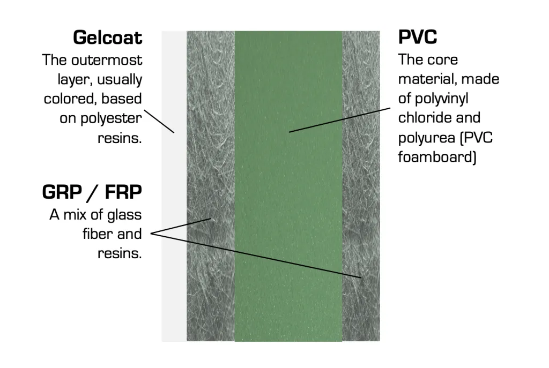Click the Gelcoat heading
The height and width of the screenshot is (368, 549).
(x=107, y=37)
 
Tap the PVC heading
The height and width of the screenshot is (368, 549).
(x=418, y=37)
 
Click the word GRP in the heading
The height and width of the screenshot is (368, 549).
(x=62, y=192)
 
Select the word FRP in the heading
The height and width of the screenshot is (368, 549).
(x=123, y=192)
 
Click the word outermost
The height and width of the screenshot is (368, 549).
(x=107, y=60)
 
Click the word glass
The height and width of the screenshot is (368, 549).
(x=124, y=215)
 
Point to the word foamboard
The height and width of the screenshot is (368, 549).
(x=435, y=157)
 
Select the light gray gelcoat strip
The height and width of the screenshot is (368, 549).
(x=174, y=186)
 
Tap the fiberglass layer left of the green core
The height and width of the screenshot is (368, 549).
(x=210, y=186)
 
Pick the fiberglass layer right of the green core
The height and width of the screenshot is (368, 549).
(x=361, y=186)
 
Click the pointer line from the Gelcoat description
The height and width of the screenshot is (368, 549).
(x=159, y=122)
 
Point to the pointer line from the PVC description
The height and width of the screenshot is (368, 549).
(x=339, y=120)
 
